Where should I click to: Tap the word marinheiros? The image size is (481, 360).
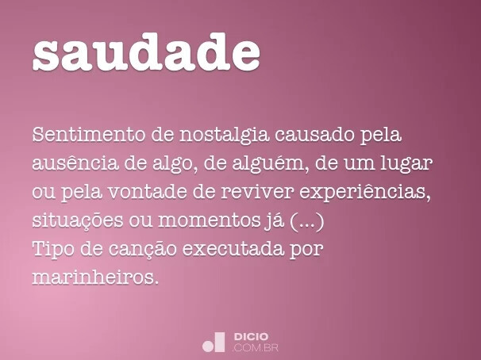coord(96,278)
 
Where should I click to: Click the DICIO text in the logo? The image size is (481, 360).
coord(251,336)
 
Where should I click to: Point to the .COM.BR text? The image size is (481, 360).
coord(256,347)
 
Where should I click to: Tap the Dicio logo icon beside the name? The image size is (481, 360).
coord(214,342)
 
